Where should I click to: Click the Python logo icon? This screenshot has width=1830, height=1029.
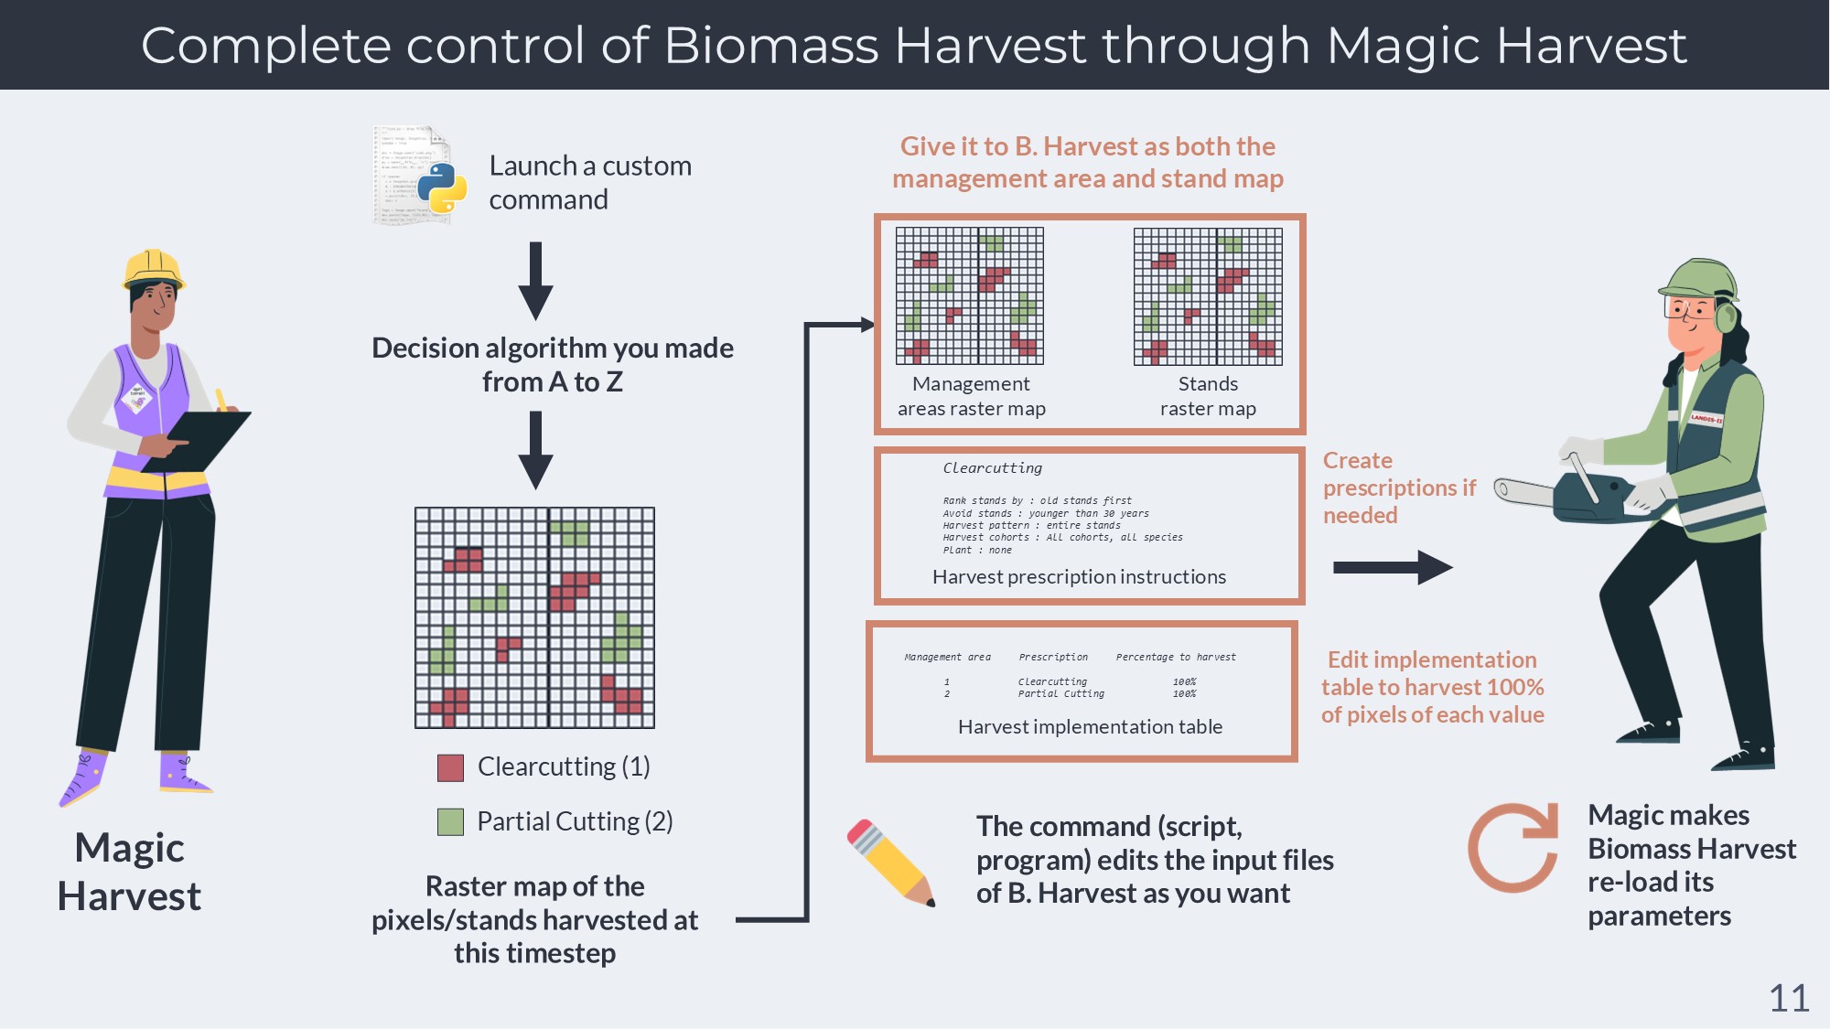(442, 188)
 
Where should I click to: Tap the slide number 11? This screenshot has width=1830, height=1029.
(1789, 998)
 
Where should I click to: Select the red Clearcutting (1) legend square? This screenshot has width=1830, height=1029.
(450, 767)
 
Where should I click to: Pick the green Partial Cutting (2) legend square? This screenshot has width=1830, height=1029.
(450, 821)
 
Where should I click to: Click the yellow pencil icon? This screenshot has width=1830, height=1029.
(890, 863)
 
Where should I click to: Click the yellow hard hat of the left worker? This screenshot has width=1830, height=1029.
(154, 269)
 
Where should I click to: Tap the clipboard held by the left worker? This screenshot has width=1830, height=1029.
(197, 439)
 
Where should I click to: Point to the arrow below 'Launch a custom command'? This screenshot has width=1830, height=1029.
(535, 280)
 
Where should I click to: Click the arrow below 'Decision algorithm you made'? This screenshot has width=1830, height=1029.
(535, 449)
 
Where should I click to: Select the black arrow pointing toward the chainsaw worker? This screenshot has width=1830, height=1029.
(1392, 567)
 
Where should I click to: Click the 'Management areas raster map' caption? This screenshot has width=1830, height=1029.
(971, 396)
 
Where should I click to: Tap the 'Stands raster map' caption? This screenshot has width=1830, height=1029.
(1208, 396)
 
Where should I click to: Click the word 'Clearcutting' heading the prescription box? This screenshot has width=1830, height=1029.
(992, 468)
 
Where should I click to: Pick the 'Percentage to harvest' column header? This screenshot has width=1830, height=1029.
(1175, 657)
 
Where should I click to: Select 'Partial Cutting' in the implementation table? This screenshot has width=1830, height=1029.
(1060, 694)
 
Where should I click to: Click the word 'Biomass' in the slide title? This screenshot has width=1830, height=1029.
(770, 46)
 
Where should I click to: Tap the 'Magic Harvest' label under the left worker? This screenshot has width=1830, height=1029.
(129, 872)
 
